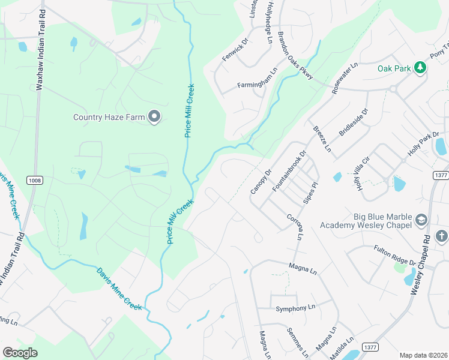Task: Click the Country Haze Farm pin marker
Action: click(154, 116)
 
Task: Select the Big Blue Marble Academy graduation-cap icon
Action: click(420, 220)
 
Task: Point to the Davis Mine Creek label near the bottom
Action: click(119, 289)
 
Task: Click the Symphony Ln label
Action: click(295, 308)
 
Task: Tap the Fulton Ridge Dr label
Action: click(394, 254)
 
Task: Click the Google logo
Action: click(20, 352)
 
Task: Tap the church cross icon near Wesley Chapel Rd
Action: click(442, 236)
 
